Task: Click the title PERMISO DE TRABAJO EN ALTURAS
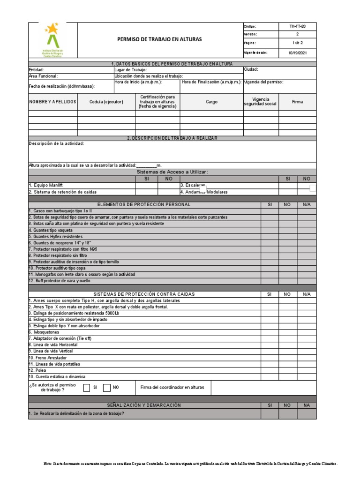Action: [159, 39]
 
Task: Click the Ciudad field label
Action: [251, 69]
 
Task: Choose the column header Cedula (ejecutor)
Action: [106, 102]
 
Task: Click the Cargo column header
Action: [211, 102]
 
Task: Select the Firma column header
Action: [297, 102]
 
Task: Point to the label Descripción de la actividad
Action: [56, 143]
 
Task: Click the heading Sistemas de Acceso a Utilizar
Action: [172, 172]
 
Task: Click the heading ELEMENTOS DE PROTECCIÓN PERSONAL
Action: [144, 205]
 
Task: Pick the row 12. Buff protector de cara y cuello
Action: [60, 281]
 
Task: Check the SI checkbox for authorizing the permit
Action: [87, 388]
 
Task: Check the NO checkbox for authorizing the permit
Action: [106, 388]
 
